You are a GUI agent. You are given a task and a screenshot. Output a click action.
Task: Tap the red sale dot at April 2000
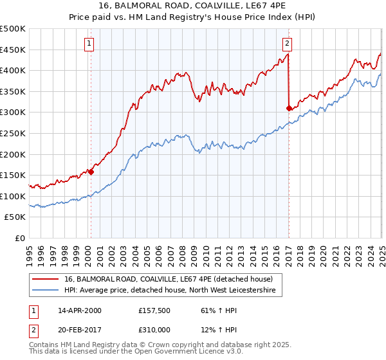tap(91, 172)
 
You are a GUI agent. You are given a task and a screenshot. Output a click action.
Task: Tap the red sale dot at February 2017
tap(289, 108)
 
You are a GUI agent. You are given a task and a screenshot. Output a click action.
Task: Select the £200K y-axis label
tap(13, 154)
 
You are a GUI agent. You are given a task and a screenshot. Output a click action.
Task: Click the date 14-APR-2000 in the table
tap(79, 310)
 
